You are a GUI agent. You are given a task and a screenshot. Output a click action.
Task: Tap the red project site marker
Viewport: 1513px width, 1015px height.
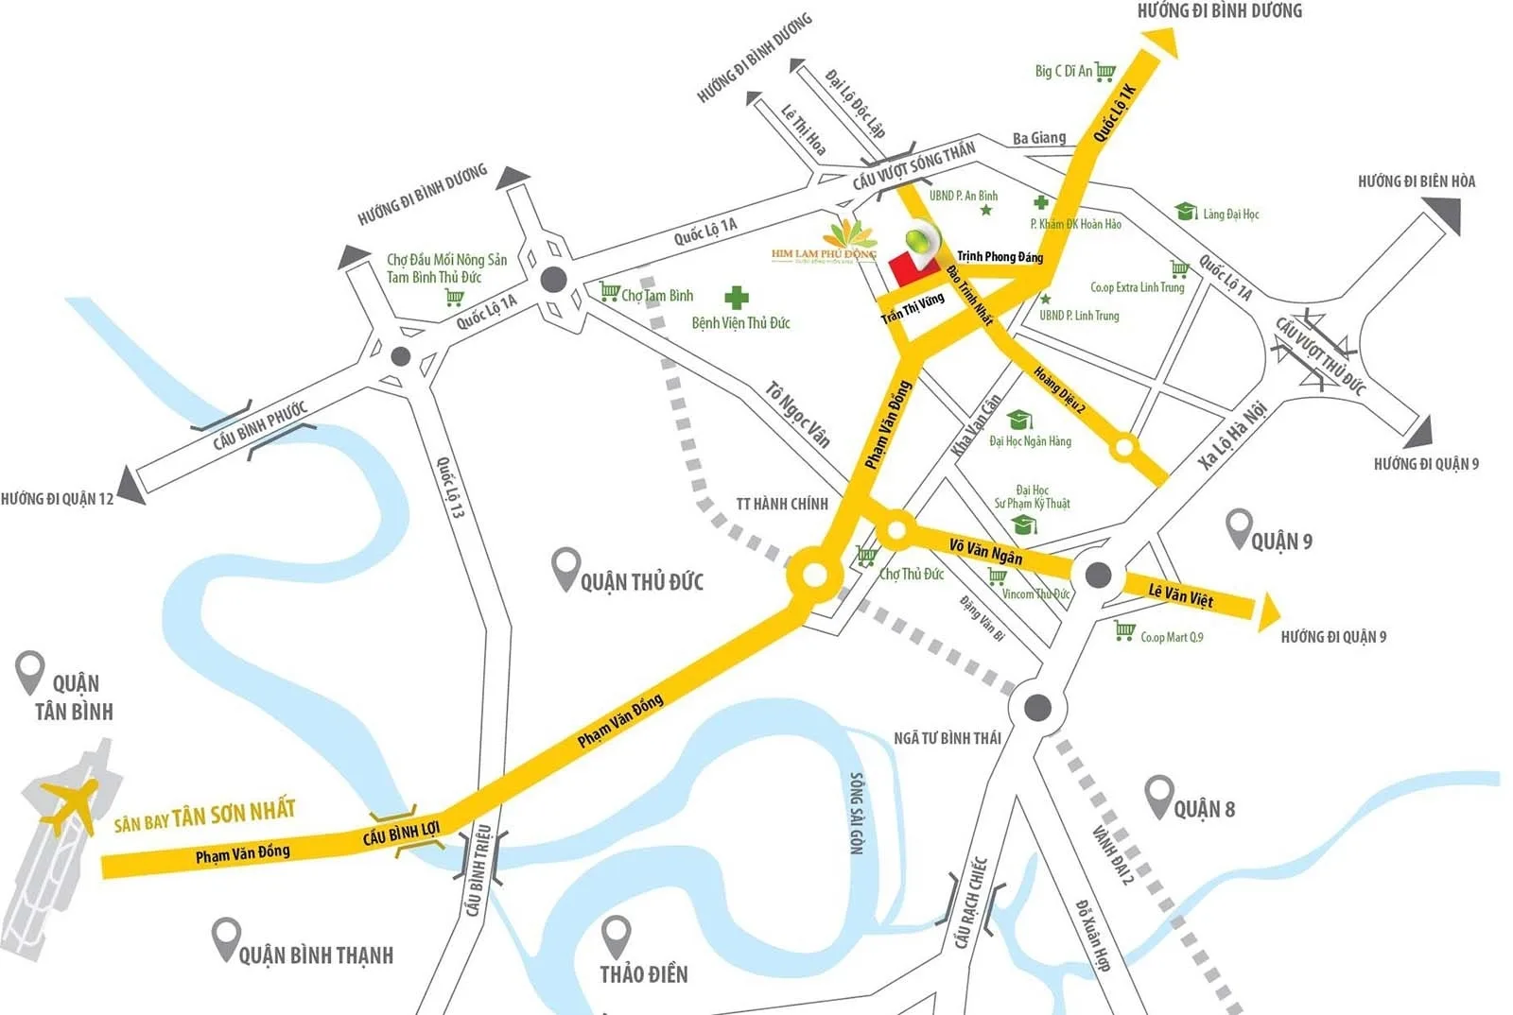pyautogui.click(x=902, y=269)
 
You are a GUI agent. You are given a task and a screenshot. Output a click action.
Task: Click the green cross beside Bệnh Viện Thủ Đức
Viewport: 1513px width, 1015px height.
pyautogui.click(x=737, y=299)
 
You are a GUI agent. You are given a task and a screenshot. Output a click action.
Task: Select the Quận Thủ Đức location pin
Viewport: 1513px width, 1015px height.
pyautogui.click(x=565, y=568)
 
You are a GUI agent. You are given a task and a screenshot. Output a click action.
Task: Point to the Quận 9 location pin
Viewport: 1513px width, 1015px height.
pyautogui.click(x=1238, y=527)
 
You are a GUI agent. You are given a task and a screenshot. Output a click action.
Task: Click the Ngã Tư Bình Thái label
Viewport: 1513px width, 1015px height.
pyautogui.click(x=947, y=738)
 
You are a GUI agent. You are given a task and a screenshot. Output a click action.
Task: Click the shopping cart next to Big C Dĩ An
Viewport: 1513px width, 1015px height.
pyautogui.click(x=1104, y=71)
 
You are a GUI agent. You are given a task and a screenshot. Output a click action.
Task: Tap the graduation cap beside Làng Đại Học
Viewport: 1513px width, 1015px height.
pyautogui.click(x=1186, y=212)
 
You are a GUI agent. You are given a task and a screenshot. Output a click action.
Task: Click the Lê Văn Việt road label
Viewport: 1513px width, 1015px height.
pyautogui.click(x=1180, y=596)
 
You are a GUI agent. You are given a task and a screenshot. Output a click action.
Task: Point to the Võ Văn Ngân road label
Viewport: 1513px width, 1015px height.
pyautogui.click(x=985, y=550)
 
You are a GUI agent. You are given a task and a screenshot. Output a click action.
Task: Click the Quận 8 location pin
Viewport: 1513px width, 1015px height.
pyautogui.click(x=1158, y=796)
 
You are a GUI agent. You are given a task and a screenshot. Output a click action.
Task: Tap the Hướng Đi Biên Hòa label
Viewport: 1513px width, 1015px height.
pyautogui.click(x=1416, y=181)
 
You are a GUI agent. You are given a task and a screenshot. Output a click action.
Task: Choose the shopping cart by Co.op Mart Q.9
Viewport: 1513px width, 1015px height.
pyautogui.click(x=1123, y=630)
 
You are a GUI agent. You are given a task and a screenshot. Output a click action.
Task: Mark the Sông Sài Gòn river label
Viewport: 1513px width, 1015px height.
pyautogui.click(x=857, y=813)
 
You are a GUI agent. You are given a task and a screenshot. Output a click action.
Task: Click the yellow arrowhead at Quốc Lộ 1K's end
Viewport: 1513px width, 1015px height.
pyautogui.click(x=1161, y=43)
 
